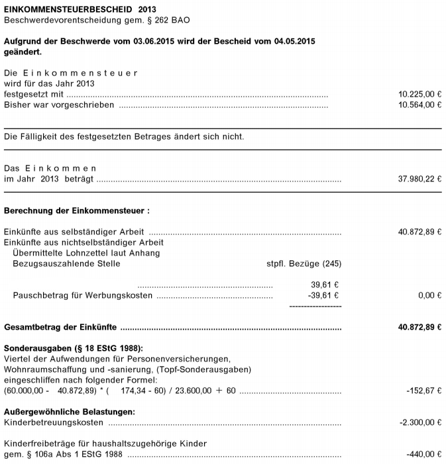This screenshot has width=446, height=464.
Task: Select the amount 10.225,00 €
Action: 419,95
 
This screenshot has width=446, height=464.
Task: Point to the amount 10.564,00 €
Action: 419,105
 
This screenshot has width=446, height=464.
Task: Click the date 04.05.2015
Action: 294,41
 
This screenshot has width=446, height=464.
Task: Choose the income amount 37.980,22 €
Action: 419,179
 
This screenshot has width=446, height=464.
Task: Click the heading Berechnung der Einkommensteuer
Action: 77,211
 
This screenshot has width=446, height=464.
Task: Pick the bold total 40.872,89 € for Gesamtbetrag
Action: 419,327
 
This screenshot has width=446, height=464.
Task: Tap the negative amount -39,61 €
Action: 323,295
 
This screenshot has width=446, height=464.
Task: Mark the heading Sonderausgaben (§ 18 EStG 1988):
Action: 74,348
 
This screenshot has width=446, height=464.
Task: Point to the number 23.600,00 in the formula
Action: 189,391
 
